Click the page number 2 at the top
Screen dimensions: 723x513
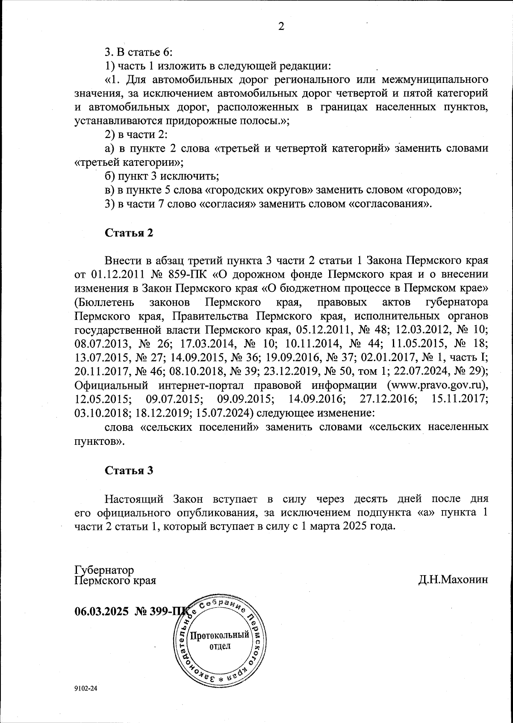[x=281, y=26]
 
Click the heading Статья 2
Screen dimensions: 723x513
[x=129, y=233]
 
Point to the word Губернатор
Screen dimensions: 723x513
[x=104, y=570]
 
